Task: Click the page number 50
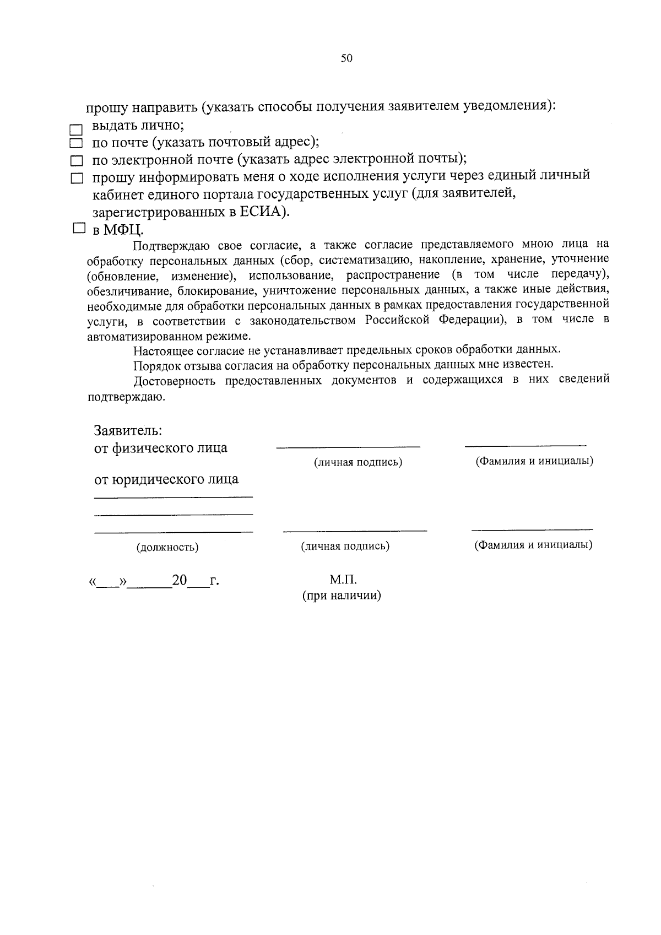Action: pyautogui.click(x=346, y=58)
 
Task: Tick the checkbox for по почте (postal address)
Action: pyautogui.click(x=76, y=144)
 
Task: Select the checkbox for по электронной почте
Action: pyautogui.click(x=76, y=162)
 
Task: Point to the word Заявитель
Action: pyautogui.click(x=127, y=430)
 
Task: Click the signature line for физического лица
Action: pyautogui.click(x=348, y=446)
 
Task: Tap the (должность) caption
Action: pyautogui.click(x=167, y=548)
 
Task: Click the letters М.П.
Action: pyautogui.click(x=343, y=580)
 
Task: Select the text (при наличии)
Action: pyautogui.click(x=342, y=596)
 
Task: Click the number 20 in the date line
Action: pyautogui.click(x=180, y=580)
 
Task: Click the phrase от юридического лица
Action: pyautogui.click(x=166, y=479)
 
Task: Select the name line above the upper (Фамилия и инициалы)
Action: pyautogui.click(x=525, y=444)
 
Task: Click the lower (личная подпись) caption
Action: pyautogui.click(x=345, y=547)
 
